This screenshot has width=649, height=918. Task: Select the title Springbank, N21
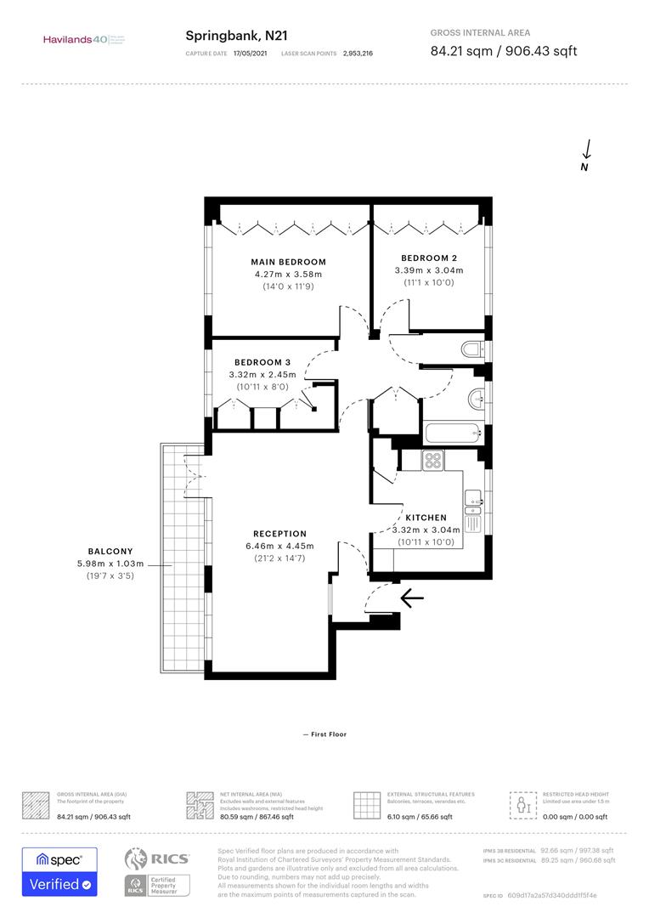click(224, 36)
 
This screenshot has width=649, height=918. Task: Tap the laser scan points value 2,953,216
click(358, 53)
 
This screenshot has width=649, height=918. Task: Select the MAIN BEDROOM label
click(288, 262)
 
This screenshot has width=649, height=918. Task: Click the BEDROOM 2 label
click(429, 258)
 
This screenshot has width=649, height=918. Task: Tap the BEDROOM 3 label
click(262, 362)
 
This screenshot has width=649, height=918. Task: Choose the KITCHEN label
click(426, 518)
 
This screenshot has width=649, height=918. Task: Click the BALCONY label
click(110, 551)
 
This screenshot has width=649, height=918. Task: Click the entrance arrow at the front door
click(411, 600)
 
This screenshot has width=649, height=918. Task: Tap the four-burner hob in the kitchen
click(433, 460)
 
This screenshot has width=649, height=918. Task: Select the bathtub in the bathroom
click(453, 433)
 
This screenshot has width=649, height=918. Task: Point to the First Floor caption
click(324, 734)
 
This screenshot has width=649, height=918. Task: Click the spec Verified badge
click(59, 871)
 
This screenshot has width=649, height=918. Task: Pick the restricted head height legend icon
click(520, 804)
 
